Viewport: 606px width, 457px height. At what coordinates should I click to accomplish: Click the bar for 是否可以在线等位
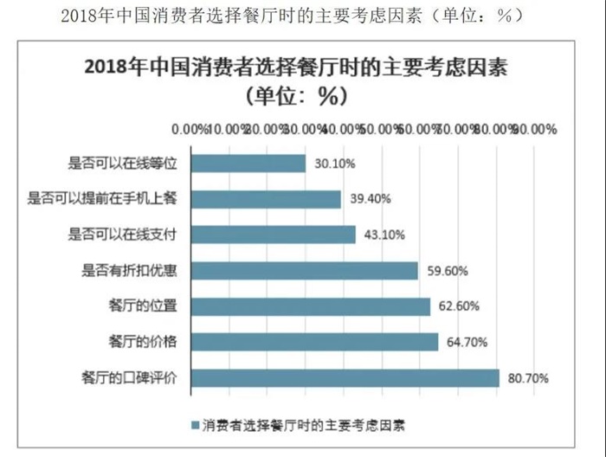tap(248, 163)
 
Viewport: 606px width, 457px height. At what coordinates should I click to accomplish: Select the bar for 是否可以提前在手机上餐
tap(266, 198)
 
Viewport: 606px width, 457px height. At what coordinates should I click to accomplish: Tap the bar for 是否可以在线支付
tap(273, 234)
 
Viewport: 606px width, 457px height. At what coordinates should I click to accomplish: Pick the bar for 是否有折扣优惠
tap(304, 270)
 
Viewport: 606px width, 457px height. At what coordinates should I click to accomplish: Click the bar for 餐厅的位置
tap(310, 306)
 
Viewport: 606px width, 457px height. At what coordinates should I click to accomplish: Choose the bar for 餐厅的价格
tap(314, 341)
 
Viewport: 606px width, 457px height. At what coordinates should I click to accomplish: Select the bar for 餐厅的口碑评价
tap(345, 377)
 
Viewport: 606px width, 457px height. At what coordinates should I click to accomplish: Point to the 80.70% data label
tap(529, 377)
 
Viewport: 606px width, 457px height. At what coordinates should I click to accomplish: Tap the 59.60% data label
tap(448, 270)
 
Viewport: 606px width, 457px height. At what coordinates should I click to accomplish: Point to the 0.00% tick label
tap(190, 128)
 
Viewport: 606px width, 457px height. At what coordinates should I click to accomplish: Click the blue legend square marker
tap(194, 425)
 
